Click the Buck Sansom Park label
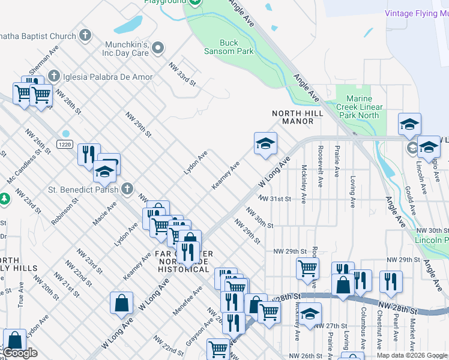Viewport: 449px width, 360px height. [237, 47]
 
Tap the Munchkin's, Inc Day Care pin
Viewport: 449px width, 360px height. [158, 47]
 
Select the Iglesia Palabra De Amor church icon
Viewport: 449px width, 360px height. [54, 76]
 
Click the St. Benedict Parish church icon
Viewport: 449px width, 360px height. [127, 189]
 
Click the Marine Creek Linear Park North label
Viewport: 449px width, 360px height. [359, 107]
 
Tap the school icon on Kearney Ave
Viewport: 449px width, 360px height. [265, 144]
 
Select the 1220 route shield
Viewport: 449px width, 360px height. [65, 145]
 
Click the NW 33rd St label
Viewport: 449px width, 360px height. [182, 74]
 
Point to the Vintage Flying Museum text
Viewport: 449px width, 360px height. [417, 13]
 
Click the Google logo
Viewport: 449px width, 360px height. [20, 353]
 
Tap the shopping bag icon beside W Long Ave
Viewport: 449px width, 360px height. [121, 303]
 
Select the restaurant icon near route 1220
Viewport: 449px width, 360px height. [88, 154]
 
